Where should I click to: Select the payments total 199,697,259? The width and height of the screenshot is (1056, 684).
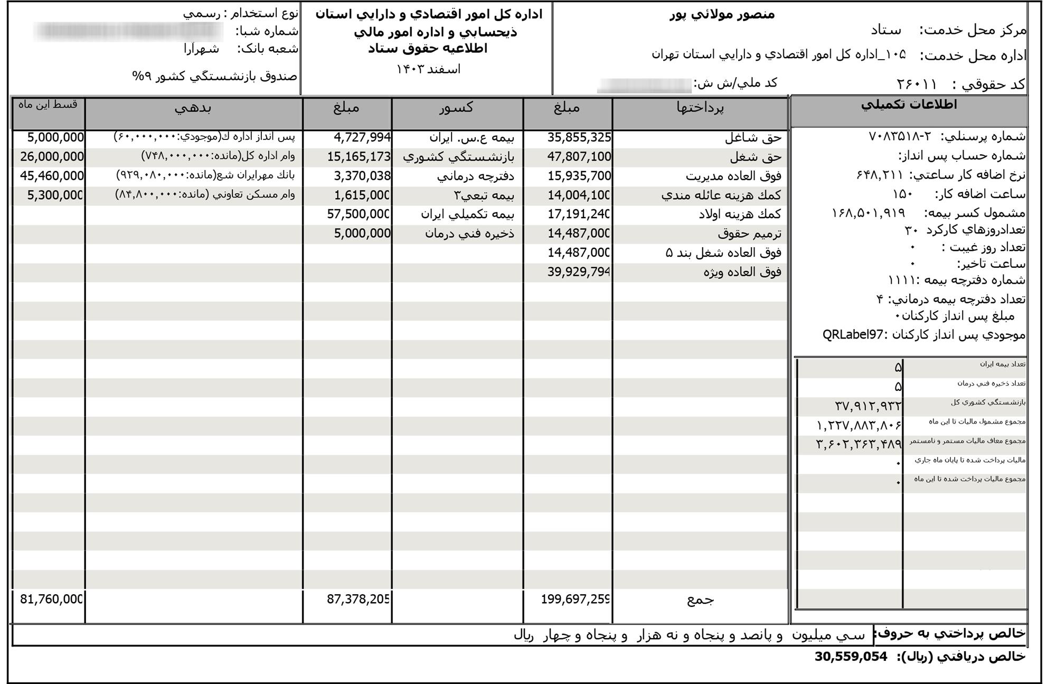(576, 599)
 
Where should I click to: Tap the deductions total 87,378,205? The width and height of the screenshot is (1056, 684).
(358, 599)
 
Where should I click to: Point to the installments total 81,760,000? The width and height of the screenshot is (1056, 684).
(52, 599)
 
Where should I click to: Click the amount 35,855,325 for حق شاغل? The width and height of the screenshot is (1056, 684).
(579, 138)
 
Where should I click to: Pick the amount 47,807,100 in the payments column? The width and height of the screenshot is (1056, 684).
(579, 157)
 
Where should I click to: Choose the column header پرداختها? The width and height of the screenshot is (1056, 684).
(700, 108)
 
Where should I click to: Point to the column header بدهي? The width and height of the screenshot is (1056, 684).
(193, 108)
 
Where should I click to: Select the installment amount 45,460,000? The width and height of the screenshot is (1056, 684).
(52, 176)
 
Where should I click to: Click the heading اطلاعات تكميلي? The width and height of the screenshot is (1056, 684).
(908, 105)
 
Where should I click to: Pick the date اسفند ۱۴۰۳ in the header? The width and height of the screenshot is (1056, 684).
(428, 69)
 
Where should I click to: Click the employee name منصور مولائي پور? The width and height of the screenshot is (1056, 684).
(722, 14)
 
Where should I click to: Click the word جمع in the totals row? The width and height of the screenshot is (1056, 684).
(700, 599)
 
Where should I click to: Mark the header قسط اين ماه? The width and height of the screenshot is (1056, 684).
(48, 105)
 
